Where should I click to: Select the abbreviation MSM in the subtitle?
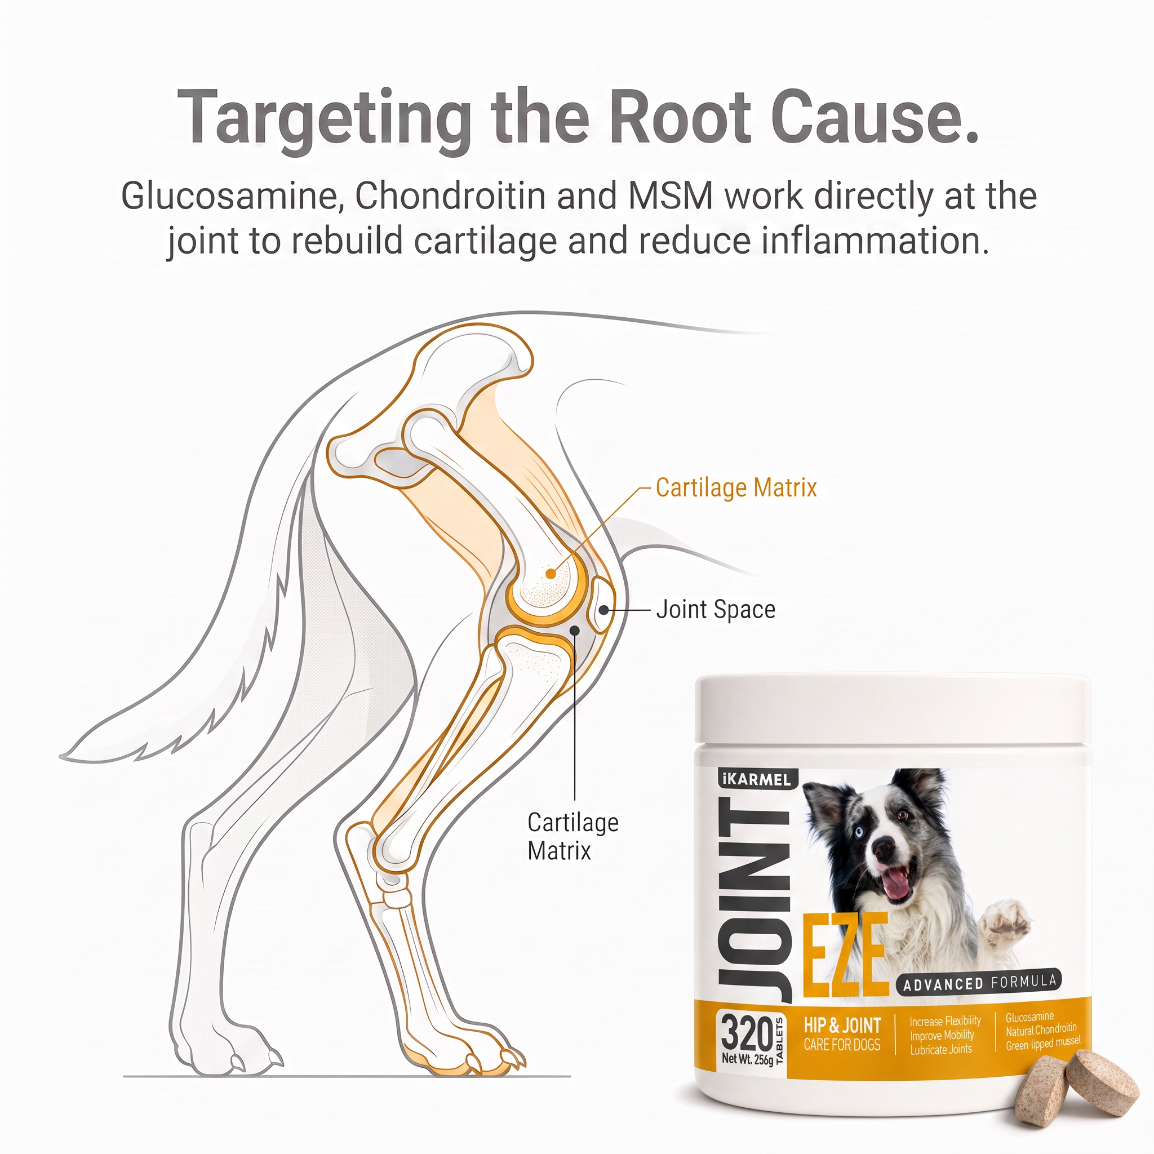(x=671, y=196)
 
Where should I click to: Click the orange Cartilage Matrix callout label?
(x=736, y=487)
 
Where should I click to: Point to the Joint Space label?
(x=716, y=609)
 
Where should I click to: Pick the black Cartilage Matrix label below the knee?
(x=573, y=836)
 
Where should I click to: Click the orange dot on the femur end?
(x=551, y=574)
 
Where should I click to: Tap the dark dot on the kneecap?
(x=604, y=610)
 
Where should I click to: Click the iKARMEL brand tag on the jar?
(x=754, y=779)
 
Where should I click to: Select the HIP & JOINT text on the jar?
(x=842, y=1026)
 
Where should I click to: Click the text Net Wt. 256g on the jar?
(x=747, y=1058)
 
